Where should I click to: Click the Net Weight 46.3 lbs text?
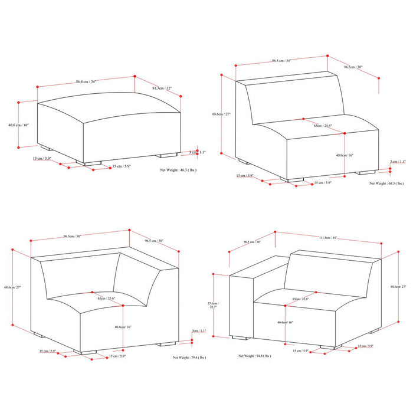coord(178,169)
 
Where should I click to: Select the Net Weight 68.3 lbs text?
coord(386,183)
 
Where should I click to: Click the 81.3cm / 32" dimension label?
coord(162,88)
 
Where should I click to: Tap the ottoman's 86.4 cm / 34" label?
coord(87,82)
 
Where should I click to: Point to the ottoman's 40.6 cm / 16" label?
coord(18,125)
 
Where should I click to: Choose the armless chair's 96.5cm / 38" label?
coord(353,67)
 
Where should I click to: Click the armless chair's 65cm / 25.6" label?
coord(323,125)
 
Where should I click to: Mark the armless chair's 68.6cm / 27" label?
coord(226,114)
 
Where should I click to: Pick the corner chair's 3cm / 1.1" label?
coord(199,331)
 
